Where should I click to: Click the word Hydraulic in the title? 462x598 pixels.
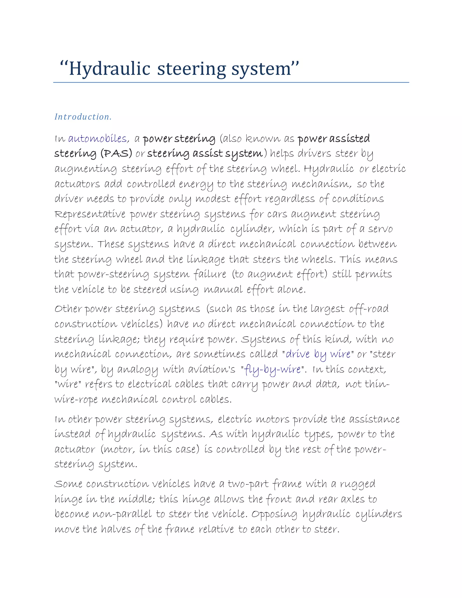coord(109,69)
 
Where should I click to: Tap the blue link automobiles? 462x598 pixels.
coord(97,139)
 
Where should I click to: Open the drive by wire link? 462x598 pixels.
coord(318,354)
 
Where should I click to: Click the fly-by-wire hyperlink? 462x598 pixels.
coord(272,370)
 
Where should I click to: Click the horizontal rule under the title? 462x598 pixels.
coord(231,82)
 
